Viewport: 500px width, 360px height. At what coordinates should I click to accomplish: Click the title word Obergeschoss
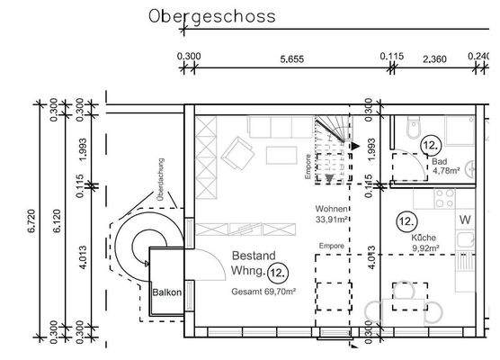coord(212,16)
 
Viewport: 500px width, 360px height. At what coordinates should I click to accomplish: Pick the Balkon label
coord(167,293)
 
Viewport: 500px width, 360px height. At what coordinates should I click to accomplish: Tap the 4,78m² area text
coord(446,169)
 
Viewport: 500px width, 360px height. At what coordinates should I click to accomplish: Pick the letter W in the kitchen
coord(466,220)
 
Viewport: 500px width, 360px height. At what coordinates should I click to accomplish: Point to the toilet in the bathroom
coord(413,125)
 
